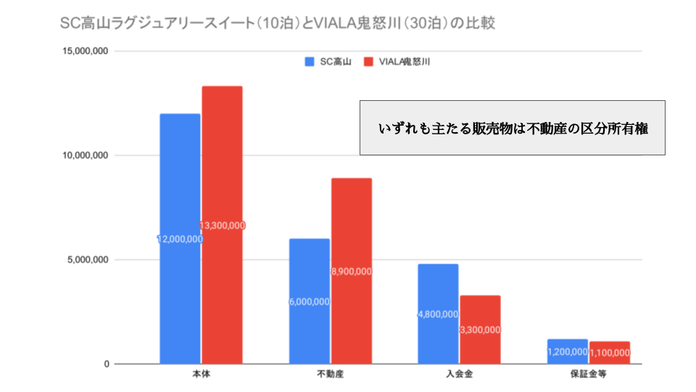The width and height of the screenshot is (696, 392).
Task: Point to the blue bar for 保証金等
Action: pyautogui.click(x=567, y=352)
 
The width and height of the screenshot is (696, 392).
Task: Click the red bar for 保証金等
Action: pyautogui.click(x=609, y=353)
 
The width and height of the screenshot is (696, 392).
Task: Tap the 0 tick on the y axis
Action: pyautogui.click(x=106, y=364)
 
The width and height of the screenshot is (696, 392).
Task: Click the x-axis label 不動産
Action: pyautogui.click(x=330, y=375)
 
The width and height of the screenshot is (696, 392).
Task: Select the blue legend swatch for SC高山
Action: pyautogui.click(x=309, y=62)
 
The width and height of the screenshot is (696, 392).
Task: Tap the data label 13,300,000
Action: pyautogui.click(x=222, y=226)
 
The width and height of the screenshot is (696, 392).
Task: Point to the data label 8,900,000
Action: pyautogui.click(x=352, y=271)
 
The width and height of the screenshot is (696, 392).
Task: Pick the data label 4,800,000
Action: pyautogui.click(x=438, y=314)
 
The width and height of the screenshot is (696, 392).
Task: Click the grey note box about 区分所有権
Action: pyautogui.click(x=512, y=128)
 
